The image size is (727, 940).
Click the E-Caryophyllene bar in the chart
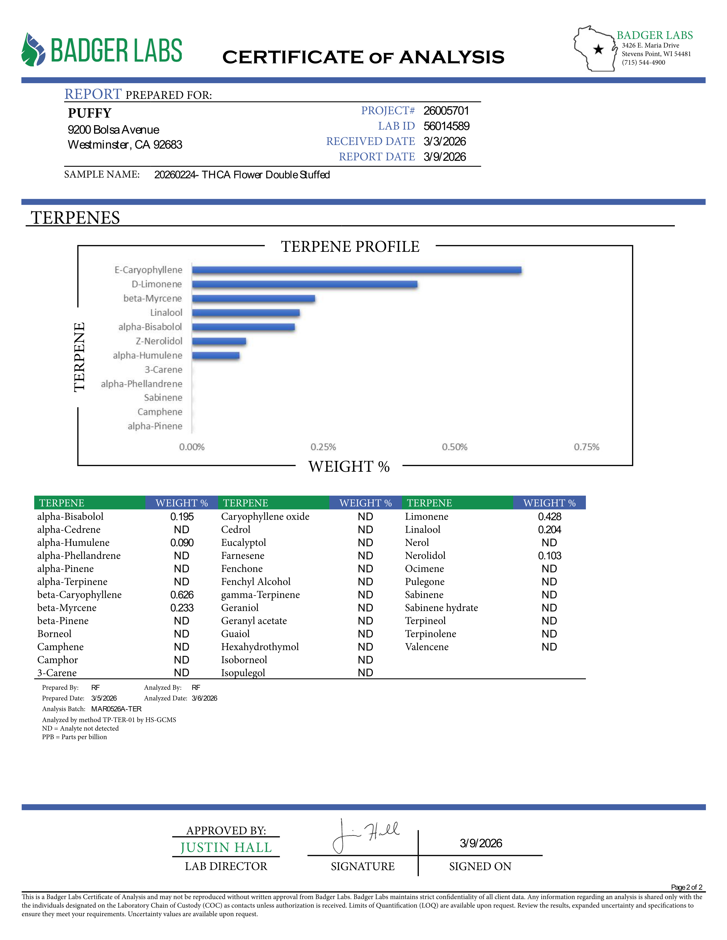(357, 270)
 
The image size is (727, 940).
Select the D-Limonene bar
(304, 284)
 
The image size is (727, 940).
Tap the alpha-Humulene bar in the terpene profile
(216, 355)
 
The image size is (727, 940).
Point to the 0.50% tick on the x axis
(454, 447)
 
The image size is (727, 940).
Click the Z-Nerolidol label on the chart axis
(159, 341)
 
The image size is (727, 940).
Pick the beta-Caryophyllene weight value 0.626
(182, 595)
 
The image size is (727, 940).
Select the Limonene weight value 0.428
(550, 516)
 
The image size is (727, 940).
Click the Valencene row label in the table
(427, 647)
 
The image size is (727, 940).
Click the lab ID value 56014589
(446, 126)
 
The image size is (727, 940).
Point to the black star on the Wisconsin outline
(598, 50)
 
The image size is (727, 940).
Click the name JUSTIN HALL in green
(226, 847)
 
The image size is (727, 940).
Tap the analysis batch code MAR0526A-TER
(116, 709)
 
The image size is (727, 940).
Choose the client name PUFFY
(90, 113)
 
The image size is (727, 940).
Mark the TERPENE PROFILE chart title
(350, 247)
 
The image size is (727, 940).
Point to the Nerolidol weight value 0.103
(550, 556)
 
